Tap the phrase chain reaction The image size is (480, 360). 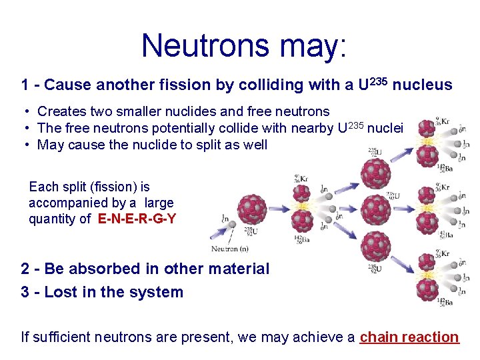click(409, 337)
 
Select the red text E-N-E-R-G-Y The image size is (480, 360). click(137, 219)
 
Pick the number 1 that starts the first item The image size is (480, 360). click(25, 85)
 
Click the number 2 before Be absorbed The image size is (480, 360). click(25, 269)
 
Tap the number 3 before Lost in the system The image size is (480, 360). click(25, 292)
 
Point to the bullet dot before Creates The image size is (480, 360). click(27, 112)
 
